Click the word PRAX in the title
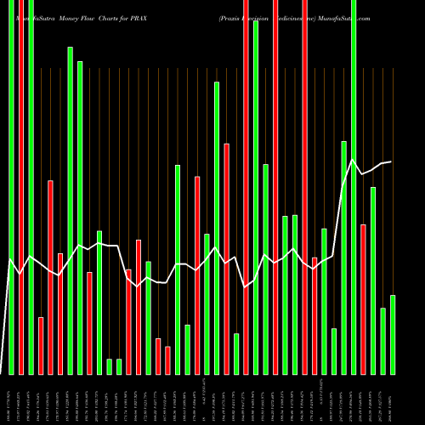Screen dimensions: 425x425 tap(138, 17)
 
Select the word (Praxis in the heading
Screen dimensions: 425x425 tap(232, 17)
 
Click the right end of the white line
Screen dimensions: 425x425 tap(391, 161)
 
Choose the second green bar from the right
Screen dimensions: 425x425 tap(383, 341)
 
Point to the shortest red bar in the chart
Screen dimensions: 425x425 tap(168, 360)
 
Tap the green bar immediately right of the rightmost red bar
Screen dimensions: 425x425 tap(373, 280)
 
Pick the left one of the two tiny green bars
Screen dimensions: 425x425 tap(110, 366)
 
